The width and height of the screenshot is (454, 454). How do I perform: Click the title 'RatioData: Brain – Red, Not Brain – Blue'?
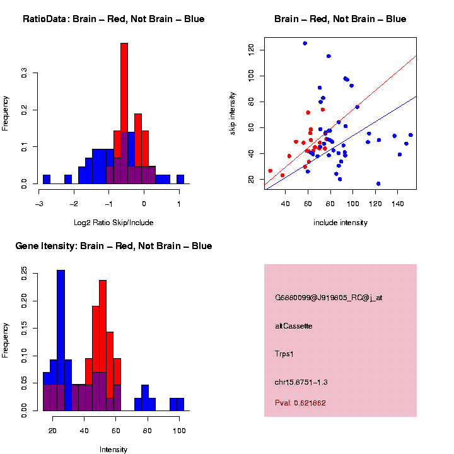[113, 19]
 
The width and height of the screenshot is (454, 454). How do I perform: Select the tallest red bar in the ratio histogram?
[124, 113]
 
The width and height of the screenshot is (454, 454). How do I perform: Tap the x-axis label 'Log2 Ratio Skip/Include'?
[113, 222]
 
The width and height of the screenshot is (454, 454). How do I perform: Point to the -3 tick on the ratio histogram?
[40, 204]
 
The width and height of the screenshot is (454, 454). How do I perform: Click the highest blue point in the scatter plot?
[305, 44]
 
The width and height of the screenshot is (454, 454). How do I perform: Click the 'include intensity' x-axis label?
[340, 223]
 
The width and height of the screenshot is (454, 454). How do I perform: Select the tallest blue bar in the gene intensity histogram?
[61, 340]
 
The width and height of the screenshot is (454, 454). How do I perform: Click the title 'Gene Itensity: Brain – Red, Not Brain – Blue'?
[113, 246]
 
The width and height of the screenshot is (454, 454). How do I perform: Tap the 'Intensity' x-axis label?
[113, 450]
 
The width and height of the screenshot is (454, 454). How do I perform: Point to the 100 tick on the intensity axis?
[179, 431]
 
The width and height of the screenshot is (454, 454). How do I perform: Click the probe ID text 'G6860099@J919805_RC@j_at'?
[329, 298]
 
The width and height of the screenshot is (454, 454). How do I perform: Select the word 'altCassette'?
[294, 326]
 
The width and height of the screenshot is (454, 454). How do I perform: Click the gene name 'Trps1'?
[285, 354]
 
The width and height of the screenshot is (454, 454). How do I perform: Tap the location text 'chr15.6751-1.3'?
[301, 382]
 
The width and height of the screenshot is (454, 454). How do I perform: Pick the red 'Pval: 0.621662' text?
[301, 402]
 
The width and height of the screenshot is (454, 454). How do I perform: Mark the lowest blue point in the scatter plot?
[378, 183]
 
